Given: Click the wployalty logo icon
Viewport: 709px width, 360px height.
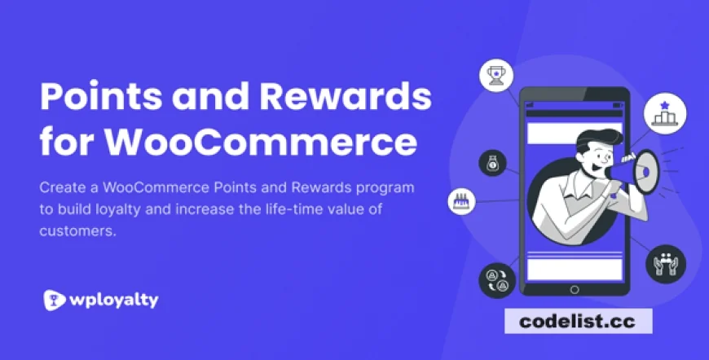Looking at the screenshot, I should (55, 300).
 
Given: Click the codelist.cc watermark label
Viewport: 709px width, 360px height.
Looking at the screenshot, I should (577, 321).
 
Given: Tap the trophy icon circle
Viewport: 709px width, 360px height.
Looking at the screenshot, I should (495, 77).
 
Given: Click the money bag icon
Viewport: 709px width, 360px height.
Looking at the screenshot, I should (493, 163).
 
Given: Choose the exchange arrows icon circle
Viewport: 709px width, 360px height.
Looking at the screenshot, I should (496, 279).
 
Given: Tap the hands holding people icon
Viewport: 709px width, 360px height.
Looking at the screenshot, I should (664, 263).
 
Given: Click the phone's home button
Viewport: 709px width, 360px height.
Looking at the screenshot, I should (574, 289).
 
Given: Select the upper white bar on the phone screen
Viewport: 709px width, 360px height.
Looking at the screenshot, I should (574, 131).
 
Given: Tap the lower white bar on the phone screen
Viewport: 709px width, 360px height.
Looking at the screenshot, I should (574, 269).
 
